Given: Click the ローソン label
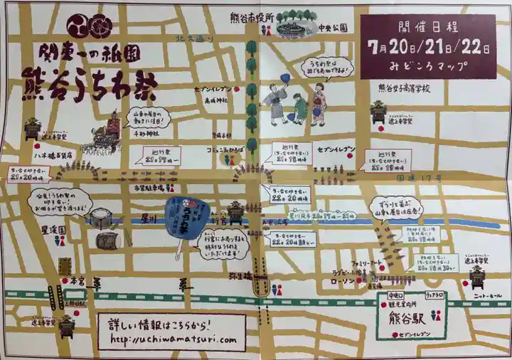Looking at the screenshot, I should pos(346,281).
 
